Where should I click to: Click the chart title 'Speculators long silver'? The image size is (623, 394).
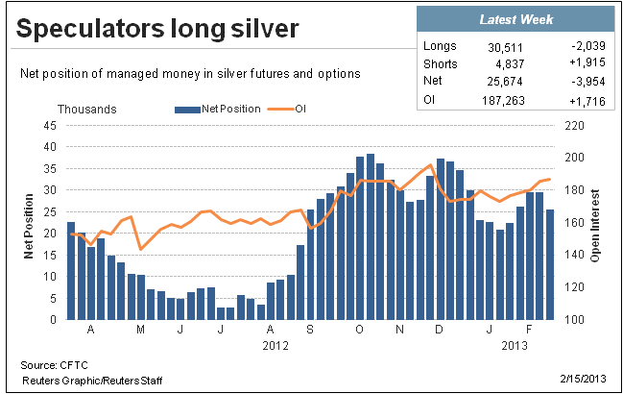click(157, 29)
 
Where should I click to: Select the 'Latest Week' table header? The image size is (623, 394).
click(516, 19)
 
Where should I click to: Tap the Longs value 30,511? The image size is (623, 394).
click(505, 48)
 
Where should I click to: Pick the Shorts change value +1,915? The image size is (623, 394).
click(587, 62)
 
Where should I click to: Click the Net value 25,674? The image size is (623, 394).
click(505, 81)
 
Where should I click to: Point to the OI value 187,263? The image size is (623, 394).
click(503, 101)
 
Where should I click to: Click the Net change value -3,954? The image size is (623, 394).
click(588, 81)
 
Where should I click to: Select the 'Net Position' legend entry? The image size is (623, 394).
click(218, 109)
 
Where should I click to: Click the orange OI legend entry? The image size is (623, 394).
click(286, 109)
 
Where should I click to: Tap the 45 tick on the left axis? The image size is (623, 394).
click(50, 126)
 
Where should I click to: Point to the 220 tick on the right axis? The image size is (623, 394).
click(574, 126)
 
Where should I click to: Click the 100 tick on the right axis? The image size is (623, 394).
click(574, 319)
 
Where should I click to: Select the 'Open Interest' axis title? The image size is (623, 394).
click(594, 226)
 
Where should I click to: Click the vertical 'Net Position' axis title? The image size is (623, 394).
click(29, 226)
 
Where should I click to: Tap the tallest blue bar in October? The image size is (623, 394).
click(371, 236)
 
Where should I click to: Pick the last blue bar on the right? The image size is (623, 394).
click(549, 264)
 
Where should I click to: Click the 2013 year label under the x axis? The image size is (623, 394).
click(515, 346)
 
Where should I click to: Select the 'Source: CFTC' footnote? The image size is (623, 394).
click(54, 365)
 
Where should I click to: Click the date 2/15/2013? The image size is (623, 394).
click(584, 378)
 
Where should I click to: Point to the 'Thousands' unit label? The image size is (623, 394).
click(87, 110)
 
